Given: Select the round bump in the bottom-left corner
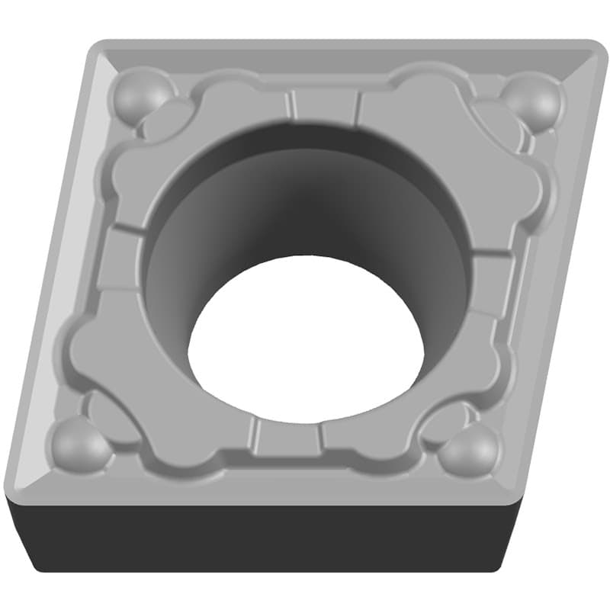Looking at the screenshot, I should [x=80, y=445].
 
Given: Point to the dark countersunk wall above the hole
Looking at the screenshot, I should [x=305, y=191].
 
